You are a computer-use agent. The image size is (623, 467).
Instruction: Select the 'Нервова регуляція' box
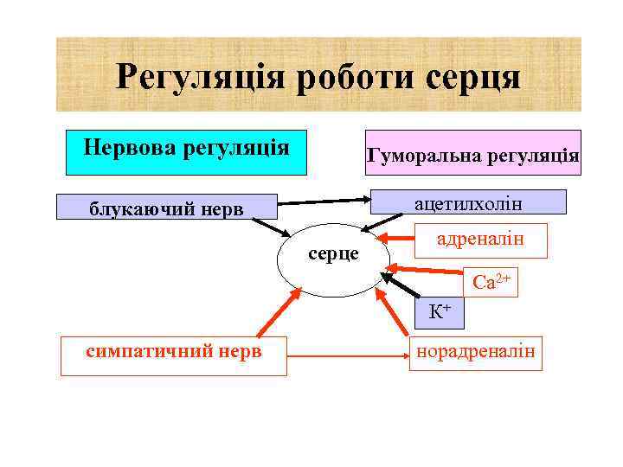186,146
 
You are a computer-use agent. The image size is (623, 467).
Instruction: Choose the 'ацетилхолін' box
468,202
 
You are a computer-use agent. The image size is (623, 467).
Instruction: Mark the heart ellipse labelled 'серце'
333,259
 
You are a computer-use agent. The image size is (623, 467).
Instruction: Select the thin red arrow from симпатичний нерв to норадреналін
346,354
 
